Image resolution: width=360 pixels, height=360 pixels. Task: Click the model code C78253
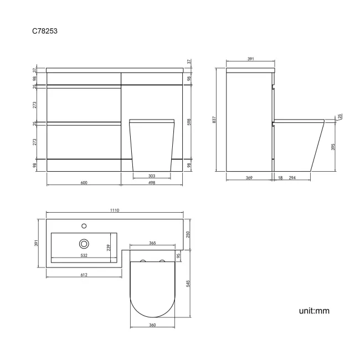(45, 31)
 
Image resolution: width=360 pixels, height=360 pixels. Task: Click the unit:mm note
(314, 311)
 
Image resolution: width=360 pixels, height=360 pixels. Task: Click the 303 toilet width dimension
(152, 176)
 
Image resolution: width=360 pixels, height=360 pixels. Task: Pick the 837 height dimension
(214, 120)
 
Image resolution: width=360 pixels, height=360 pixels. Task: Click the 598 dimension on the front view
(189, 122)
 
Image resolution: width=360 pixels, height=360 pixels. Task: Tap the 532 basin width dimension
(84, 255)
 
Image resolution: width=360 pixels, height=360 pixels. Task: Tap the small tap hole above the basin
(84, 225)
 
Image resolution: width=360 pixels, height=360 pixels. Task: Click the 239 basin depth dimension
(110, 247)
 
